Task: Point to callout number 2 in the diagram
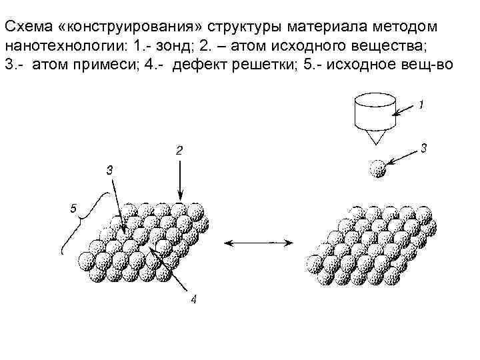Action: [x=179, y=151]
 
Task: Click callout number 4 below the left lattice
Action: [x=193, y=299]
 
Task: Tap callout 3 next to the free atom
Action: [x=425, y=148]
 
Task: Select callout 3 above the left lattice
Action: [x=110, y=169]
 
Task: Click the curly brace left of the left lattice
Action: [x=80, y=220]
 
